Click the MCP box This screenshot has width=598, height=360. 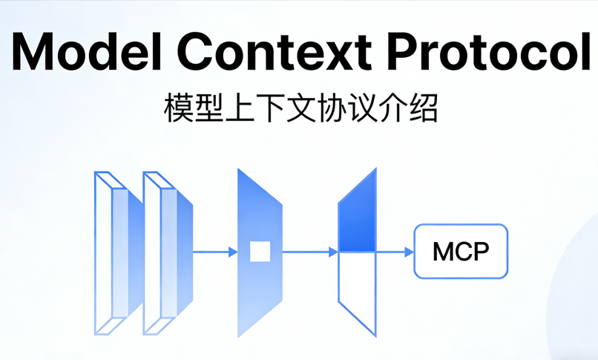click(461, 252)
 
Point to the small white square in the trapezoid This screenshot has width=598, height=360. click(260, 252)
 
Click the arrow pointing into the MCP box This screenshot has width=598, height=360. click(395, 252)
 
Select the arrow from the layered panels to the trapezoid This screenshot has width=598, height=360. click(215, 252)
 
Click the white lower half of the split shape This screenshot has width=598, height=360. click(357, 286)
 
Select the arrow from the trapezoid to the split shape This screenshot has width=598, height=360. click(309, 252)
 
